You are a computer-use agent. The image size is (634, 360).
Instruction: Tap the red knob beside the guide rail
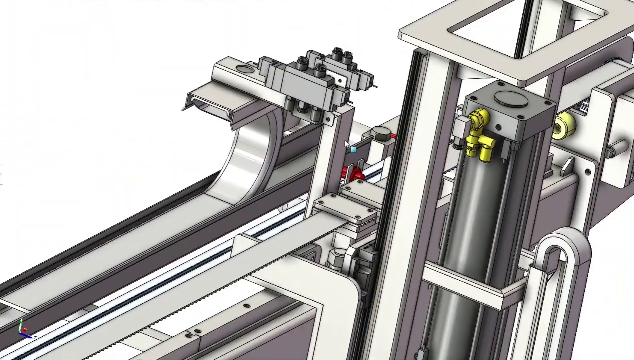pos(354,173)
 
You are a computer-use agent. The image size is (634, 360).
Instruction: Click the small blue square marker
pos(353,150)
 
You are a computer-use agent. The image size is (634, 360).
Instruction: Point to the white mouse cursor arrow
pos(347,144)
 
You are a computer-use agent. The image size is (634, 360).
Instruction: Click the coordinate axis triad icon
pos(24,330)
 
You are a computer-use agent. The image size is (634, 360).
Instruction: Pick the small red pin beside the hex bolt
pos(393,136)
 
